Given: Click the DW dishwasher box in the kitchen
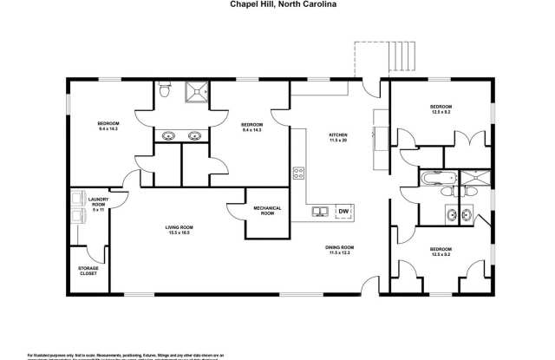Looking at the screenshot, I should coord(344,212).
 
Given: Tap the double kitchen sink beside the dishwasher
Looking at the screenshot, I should coord(321,212).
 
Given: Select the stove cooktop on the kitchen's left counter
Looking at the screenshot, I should coord(299,172).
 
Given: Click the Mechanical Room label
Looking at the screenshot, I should coord(265,211).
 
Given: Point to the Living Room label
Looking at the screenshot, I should coord(178,227).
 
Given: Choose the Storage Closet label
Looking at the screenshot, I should coord(88,270).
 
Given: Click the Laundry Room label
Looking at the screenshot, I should coord(97,201).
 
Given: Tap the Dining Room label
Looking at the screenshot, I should coord(339,247).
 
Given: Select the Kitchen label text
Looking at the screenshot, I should coord(337,134).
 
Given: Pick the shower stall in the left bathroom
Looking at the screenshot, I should coord(195,90).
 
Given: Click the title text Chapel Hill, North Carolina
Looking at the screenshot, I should coord(277,4).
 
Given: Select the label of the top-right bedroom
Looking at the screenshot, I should coord(441,108).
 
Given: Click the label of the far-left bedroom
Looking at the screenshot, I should coord(108,126).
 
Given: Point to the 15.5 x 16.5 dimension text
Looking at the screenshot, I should coord(178,232).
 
